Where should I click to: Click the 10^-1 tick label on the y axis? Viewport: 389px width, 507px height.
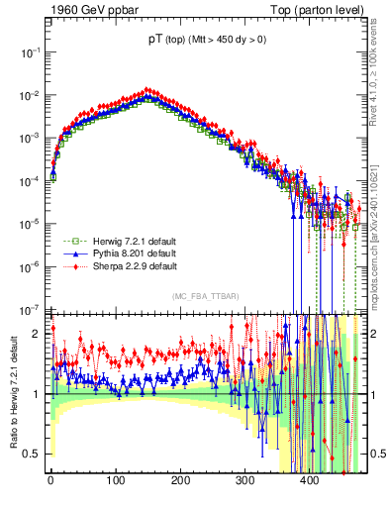coord(32,51)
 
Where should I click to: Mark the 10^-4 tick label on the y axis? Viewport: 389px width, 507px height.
coord(32,180)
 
